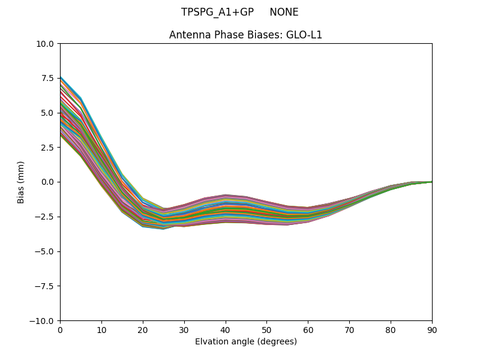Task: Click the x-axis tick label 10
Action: click(x=101, y=329)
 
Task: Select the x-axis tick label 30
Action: click(x=184, y=329)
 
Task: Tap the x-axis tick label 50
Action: click(x=266, y=329)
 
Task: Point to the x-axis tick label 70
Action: click(x=349, y=329)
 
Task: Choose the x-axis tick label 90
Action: click(x=432, y=329)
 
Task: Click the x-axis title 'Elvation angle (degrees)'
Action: click(x=246, y=341)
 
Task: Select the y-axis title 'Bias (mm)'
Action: click(x=21, y=182)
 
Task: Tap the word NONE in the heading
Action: click(x=284, y=12)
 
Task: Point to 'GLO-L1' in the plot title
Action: click(x=304, y=35)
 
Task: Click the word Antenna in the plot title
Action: click(x=188, y=35)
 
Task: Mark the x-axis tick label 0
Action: click(x=60, y=329)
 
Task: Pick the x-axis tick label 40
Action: click(x=226, y=329)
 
